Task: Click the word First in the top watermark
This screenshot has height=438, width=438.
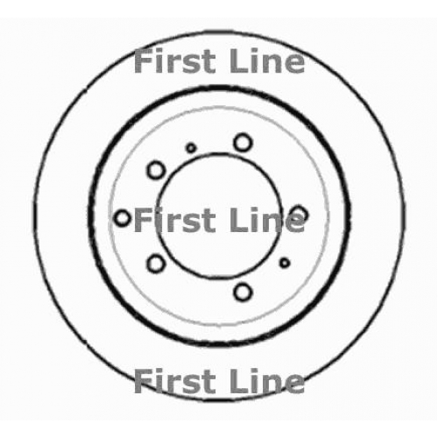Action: tap(174, 61)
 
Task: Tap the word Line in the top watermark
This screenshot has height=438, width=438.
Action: tap(267, 61)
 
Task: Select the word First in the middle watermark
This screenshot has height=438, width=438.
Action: tap(174, 220)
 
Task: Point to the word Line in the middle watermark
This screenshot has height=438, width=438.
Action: tap(267, 220)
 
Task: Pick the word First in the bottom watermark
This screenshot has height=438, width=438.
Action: tap(174, 380)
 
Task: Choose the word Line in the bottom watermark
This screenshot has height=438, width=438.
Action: tap(267, 380)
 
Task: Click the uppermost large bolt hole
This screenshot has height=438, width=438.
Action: tap(243, 143)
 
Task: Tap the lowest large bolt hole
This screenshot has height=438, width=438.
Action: tap(243, 292)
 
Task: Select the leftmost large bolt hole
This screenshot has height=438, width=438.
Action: tap(123, 218)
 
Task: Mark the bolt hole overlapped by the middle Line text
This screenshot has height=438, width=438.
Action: tap(300, 215)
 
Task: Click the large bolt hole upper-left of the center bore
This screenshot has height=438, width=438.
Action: tap(156, 170)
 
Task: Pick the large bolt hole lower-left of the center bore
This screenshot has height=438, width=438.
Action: tap(156, 264)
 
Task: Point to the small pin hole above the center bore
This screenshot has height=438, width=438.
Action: tap(191, 148)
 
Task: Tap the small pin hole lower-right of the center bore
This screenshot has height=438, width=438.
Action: tap(285, 263)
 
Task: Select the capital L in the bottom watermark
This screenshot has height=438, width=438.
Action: tap(238, 381)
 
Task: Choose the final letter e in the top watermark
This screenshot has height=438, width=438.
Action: tap(294, 64)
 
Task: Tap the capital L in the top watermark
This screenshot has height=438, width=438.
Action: tap(238, 61)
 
